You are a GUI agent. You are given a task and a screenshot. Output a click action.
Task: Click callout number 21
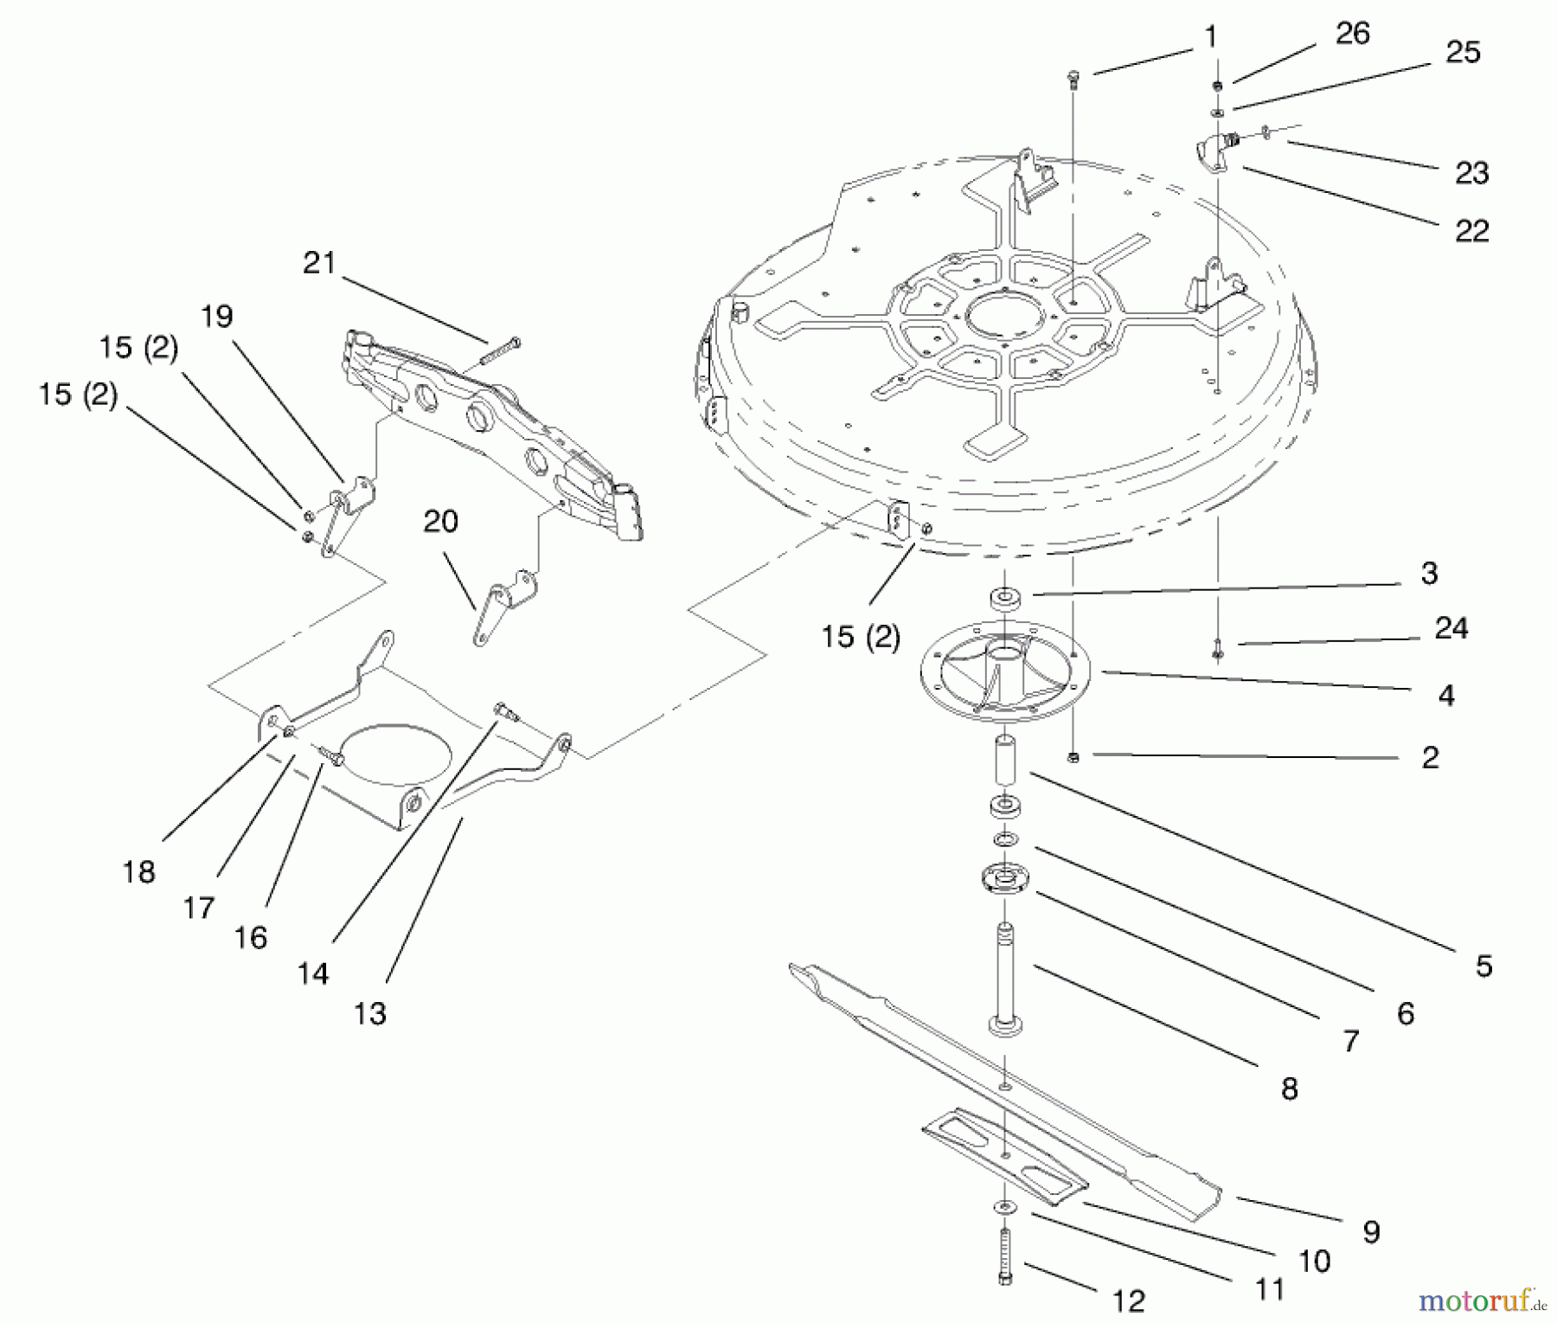[x=318, y=263]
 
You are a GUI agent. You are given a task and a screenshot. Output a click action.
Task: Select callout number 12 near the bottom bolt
[x=1129, y=1301]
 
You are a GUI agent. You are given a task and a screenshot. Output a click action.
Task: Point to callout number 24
[x=1451, y=628]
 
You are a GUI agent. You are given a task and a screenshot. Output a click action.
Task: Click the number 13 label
[x=369, y=1013]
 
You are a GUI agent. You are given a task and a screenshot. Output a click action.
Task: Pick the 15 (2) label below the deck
[x=860, y=638]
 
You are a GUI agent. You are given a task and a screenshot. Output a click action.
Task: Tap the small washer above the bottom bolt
[x=1004, y=1207]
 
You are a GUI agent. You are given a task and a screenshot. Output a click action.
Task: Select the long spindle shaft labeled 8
[x=1005, y=978]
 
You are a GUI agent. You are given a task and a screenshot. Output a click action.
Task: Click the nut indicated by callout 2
[x=1073, y=757]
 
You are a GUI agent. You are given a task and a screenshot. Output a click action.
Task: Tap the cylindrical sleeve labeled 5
[x=1005, y=756]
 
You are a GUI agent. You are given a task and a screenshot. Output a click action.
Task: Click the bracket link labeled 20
[x=502, y=605]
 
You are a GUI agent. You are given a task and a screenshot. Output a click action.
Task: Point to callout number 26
[x=1352, y=34]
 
